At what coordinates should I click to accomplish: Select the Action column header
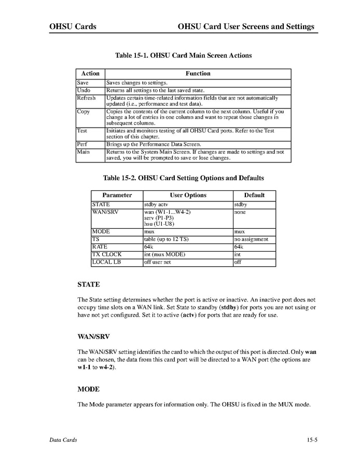(90, 74)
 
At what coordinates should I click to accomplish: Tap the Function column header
(198, 74)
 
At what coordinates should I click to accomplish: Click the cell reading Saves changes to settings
(137, 83)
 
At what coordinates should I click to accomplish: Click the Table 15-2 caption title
(183, 178)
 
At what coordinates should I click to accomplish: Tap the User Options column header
(187, 195)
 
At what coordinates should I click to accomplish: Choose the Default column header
(254, 195)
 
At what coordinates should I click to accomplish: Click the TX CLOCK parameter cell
(107, 255)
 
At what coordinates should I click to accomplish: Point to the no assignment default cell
(251, 239)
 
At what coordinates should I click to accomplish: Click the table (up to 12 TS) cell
(166, 239)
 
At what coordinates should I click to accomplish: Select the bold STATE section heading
(88, 284)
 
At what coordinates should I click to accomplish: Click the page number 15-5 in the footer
(311, 440)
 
